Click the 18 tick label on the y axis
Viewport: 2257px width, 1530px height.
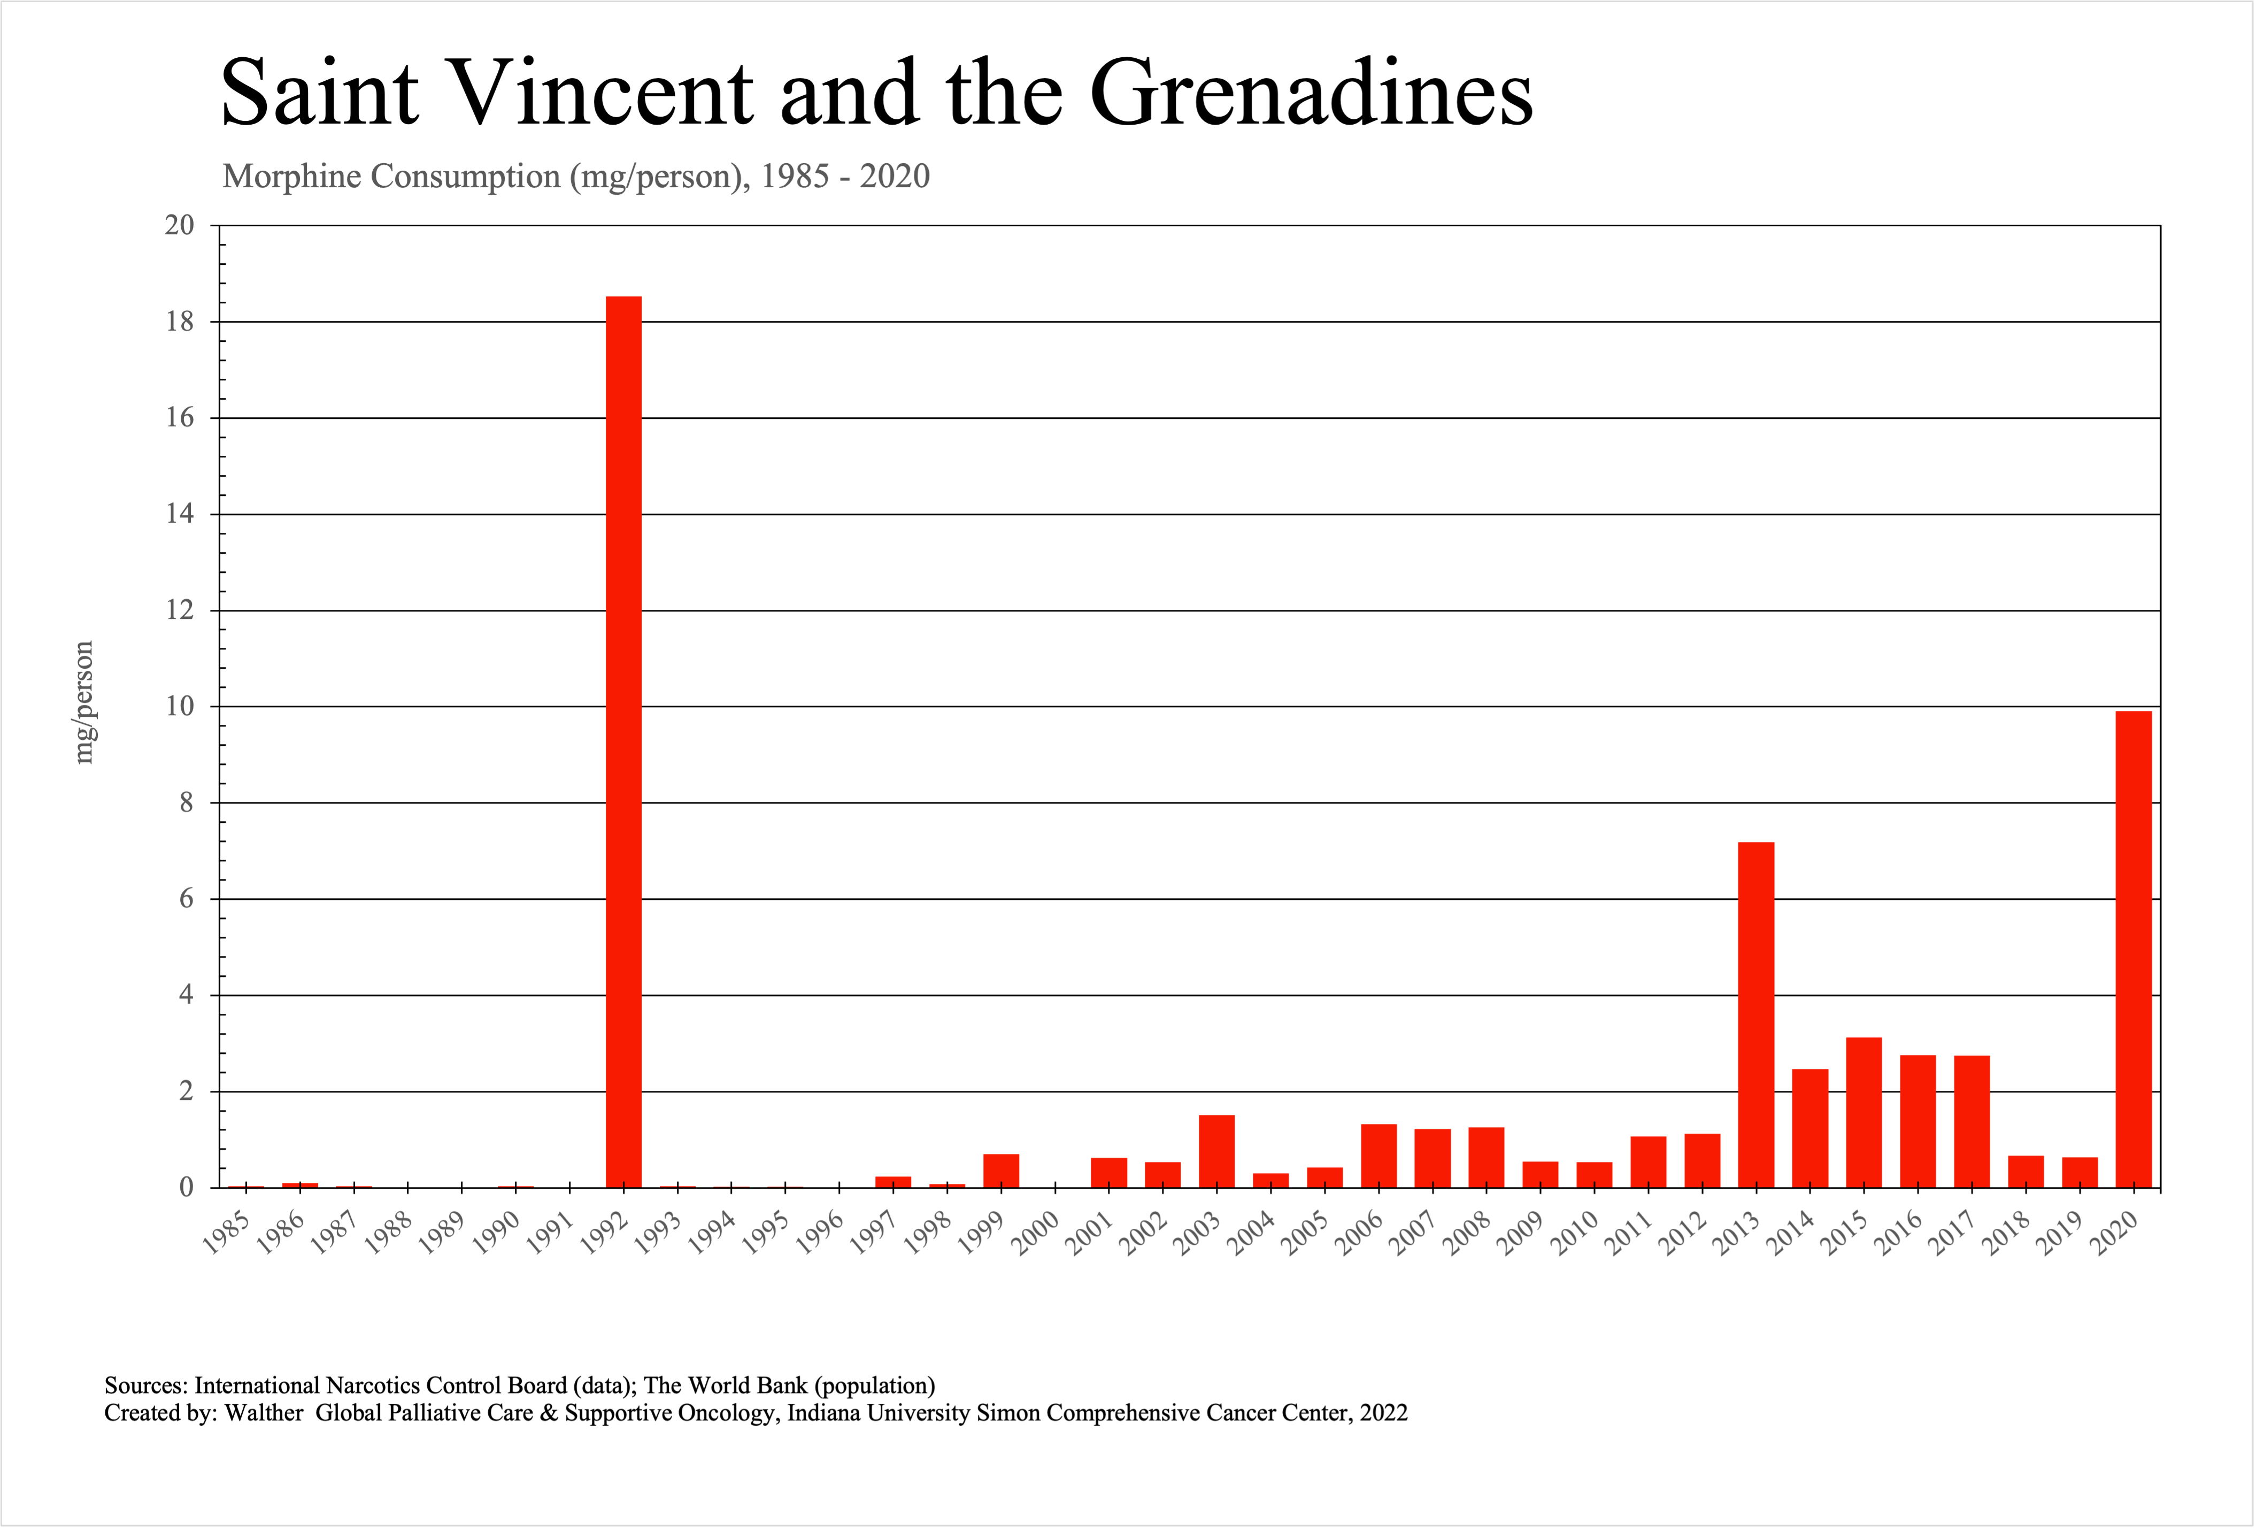tap(180, 322)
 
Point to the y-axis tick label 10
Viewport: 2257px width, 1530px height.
tap(180, 706)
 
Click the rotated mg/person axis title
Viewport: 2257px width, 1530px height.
tap(84, 702)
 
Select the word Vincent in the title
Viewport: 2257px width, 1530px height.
tap(602, 93)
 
